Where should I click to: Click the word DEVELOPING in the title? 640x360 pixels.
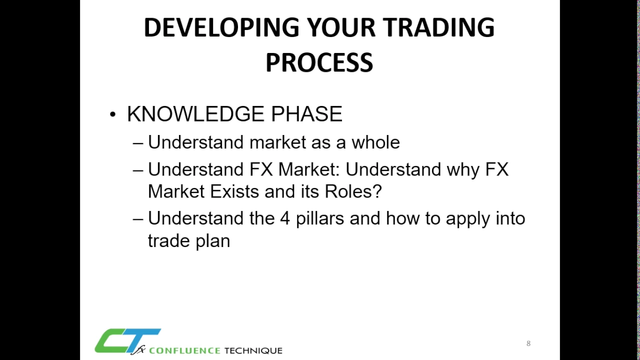click(221, 27)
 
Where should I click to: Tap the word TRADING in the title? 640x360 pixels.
click(438, 27)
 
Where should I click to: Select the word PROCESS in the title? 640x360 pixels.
click(319, 62)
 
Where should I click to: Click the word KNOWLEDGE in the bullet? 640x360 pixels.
click(195, 114)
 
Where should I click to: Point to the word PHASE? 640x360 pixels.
click(306, 114)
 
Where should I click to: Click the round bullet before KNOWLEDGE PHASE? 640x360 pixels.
click(113, 114)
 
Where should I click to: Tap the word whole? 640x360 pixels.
click(375, 142)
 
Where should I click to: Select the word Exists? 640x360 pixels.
click(234, 191)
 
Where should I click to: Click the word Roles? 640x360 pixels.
click(353, 191)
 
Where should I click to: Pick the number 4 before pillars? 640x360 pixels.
click(285, 218)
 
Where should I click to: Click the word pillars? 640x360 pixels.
click(319, 218)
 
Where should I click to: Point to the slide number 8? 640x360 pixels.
click(528, 343)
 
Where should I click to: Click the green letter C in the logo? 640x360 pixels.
click(113, 340)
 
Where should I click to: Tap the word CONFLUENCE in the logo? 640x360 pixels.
click(184, 350)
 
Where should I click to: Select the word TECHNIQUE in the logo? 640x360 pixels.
click(253, 350)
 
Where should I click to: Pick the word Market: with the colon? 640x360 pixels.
click(309, 169)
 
